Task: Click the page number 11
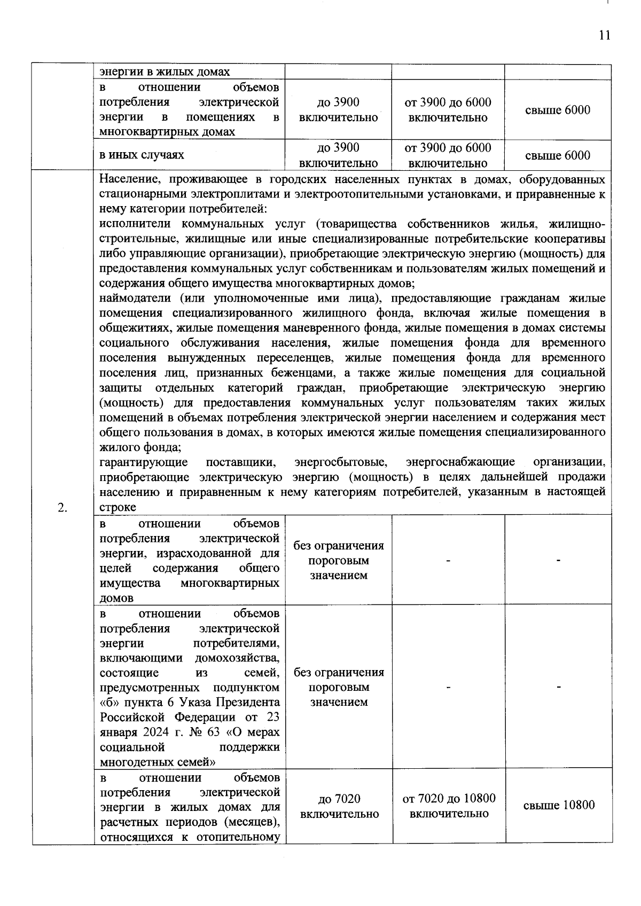(x=604, y=36)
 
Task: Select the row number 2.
(x=62, y=507)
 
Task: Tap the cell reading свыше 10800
(x=558, y=805)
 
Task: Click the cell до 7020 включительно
(x=339, y=806)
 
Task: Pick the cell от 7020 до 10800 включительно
(x=449, y=806)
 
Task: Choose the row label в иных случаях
(x=142, y=155)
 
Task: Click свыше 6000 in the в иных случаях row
(x=558, y=155)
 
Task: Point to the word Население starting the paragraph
(x=127, y=179)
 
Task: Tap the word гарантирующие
(x=143, y=462)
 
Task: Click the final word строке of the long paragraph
(x=118, y=507)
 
